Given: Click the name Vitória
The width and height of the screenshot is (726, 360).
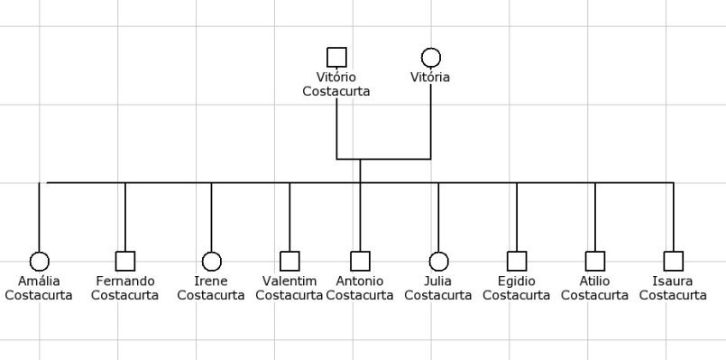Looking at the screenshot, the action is (430, 78).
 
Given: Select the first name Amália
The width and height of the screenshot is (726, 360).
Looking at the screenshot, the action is (39, 281).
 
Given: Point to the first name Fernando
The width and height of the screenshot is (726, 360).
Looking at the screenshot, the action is (125, 281).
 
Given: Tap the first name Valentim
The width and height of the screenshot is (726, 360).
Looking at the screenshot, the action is (289, 281).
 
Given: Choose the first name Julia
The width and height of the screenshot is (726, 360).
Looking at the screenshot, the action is (438, 281).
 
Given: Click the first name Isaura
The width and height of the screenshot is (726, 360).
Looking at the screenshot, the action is (673, 281).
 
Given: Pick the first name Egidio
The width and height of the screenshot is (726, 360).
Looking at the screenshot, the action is (517, 281).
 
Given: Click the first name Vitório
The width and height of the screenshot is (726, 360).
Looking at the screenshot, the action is (336, 78).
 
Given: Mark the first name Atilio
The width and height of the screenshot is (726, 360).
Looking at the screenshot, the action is (594, 281).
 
